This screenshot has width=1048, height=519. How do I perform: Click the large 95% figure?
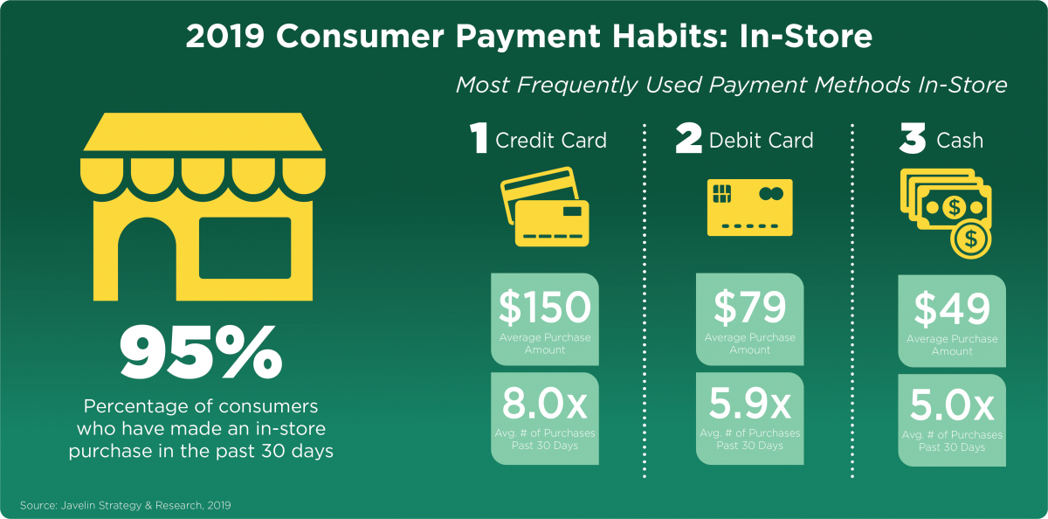click(201, 352)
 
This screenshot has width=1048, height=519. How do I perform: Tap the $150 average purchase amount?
click(545, 307)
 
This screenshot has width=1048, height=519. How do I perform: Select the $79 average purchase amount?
click(749, 307)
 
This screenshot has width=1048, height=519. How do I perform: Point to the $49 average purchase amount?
click(952, 308)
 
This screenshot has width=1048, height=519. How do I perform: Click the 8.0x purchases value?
click(545, 404)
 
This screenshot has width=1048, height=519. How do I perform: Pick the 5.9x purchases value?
click(749, 404)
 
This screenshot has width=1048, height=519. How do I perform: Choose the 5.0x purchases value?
click(952, 405)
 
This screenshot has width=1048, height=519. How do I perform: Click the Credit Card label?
click(551, 141)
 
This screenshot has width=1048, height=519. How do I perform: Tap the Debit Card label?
click(762, 141)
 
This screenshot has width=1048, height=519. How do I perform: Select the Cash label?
click(960, 141)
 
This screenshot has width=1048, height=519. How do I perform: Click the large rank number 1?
click(479, 138)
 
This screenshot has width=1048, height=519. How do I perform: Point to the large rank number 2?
click(689, 138)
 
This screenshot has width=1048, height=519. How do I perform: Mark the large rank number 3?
click(913, 138)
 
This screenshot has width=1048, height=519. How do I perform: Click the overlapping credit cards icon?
click(545, 207)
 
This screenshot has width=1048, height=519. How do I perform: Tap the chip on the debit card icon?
click(721, 193)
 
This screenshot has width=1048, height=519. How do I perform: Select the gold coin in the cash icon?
click(970, 239)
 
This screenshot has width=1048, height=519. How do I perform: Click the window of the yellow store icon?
click(245, 248)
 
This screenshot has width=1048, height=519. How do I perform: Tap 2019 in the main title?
click(225, 36)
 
